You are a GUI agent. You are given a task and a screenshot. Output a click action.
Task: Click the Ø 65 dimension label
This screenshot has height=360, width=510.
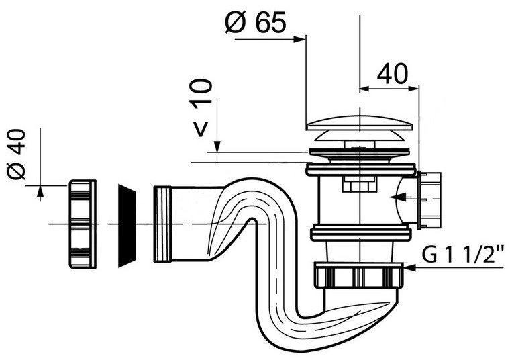click(255, 22)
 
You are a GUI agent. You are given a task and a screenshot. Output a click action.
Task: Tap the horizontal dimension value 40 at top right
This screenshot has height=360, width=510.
click(393, 74)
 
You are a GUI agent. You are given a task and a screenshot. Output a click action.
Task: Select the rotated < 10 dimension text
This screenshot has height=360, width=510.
click(201, 107)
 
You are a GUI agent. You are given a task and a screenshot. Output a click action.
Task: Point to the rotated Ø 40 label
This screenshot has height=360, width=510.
click(16, 154)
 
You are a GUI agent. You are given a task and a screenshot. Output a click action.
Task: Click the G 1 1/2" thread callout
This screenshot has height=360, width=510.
click(463, 254)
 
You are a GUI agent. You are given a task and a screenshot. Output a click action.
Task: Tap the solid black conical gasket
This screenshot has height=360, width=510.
click(127, 226)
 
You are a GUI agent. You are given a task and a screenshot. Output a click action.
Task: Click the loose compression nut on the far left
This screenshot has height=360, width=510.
click(83, 224)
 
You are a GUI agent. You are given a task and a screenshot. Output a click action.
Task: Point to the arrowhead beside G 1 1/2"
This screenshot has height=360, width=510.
click(409, 267)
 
